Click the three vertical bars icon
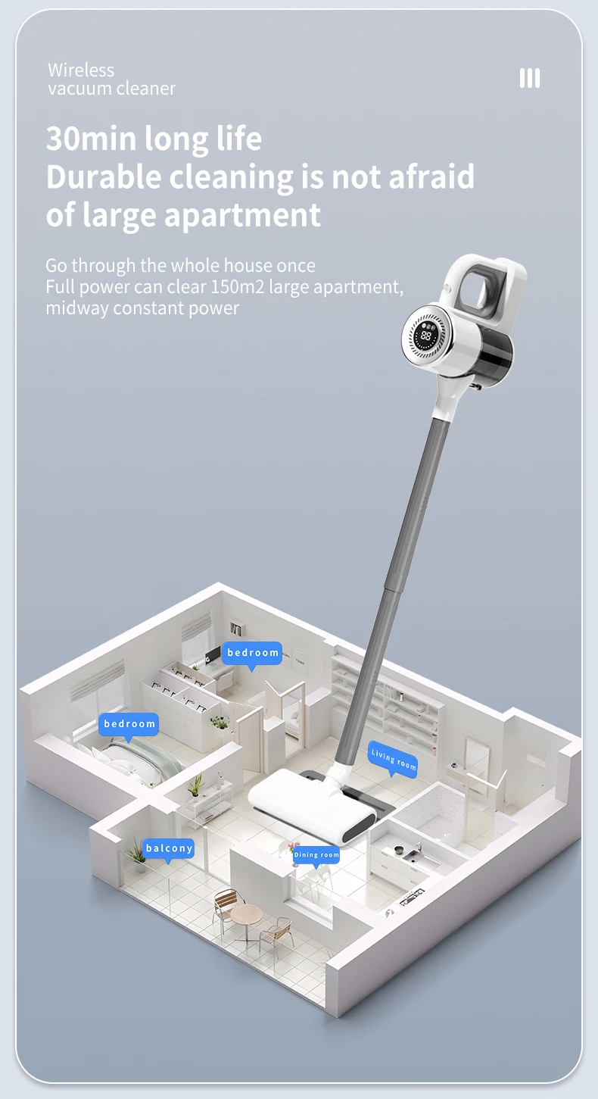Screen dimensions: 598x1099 [529, 78]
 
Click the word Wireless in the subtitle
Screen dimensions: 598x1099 [81, 70]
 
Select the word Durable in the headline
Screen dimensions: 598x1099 [104, 176]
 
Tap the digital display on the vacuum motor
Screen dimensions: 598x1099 [426, 336]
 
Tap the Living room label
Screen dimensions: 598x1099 [393, 760]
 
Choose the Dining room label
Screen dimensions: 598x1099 [316, 855]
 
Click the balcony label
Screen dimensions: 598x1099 [169, 848]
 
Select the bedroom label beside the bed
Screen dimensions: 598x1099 [129, 724]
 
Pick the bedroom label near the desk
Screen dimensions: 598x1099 [252, 653]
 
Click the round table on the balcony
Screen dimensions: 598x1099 [246, 913]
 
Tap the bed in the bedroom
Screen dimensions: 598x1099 [132, 759]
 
